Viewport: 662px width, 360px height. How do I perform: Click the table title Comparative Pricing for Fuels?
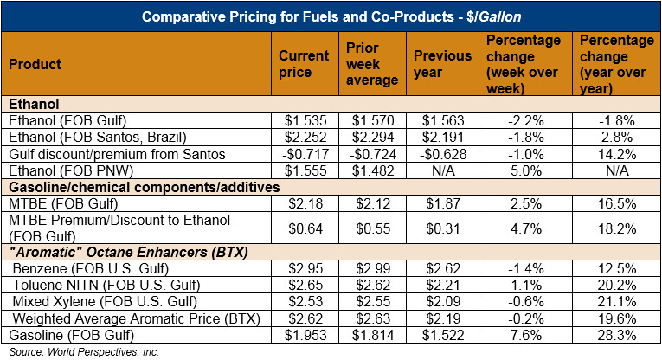[331, 17]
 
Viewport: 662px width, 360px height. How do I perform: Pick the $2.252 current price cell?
[304, 137]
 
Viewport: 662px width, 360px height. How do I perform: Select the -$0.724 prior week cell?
[373, 153]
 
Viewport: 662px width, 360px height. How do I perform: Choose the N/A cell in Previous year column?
[443, 170]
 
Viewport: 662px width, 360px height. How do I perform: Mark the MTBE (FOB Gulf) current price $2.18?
[304, 202]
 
